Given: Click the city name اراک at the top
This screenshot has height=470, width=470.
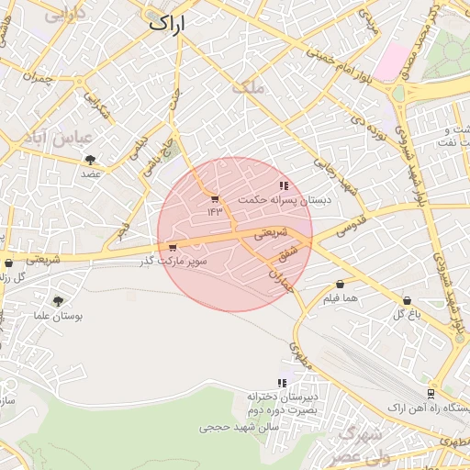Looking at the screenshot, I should tap(166, 26).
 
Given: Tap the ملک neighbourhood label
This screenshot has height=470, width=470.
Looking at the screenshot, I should tap(249, 88).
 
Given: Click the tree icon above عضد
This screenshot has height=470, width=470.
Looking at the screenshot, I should tap(90, 160).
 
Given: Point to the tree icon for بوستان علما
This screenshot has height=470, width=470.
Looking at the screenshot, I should tap(59, 301).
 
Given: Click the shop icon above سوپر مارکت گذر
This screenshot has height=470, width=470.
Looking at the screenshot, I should tap(173, 247).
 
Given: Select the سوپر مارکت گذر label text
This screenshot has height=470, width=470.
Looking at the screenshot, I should tap(173, 261).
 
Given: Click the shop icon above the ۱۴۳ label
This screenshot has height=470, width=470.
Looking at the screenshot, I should tap(215, 198).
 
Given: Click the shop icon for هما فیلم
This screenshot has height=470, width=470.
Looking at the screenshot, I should tap(340, 285).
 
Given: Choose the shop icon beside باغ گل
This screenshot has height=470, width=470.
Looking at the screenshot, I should tap(407, 300).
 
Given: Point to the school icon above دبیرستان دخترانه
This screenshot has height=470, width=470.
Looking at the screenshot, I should tap(283, 383).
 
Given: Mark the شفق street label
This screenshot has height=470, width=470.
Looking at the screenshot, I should tap(288, 251).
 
